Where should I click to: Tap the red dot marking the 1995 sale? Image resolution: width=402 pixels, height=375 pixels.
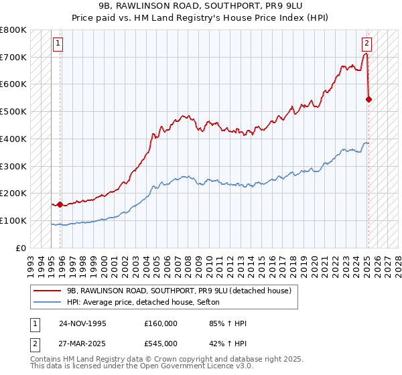click(60, 204)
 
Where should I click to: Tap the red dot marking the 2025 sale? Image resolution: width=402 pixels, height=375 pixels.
click(369, 99)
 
